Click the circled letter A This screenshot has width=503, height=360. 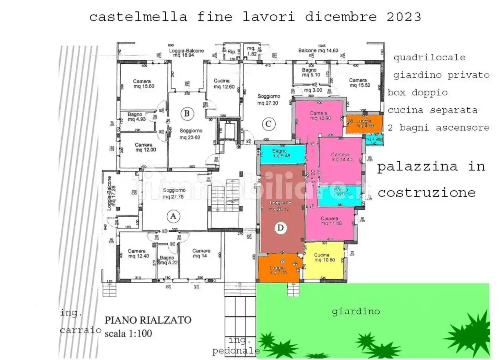point(173,216)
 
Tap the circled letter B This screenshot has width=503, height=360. point(187,113)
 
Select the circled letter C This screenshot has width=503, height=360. point(268,124)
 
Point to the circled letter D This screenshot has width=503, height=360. point(280,228)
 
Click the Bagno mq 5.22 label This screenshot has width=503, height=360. point(168,260)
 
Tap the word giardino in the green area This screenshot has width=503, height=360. point(356,311)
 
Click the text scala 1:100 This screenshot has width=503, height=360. point(128,333)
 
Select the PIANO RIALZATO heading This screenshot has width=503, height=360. point(148,320)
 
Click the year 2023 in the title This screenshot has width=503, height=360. point(404,16)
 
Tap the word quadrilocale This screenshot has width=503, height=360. point(429,57)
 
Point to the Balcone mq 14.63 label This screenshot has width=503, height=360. point(318,50)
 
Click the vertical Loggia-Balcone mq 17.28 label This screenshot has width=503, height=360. point(111,193)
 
